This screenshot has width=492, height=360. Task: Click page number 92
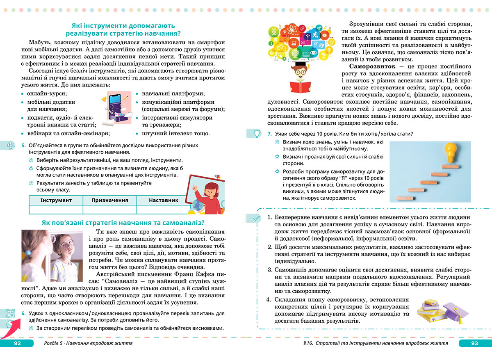point(17,343)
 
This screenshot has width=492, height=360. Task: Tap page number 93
point(474,343)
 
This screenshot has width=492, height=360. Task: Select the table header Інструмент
point(56,200)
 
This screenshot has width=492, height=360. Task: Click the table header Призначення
point(109,200)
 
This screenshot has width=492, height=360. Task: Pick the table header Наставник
point(164,200)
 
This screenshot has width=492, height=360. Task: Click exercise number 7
point(269,134)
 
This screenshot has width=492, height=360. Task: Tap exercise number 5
point(23,145)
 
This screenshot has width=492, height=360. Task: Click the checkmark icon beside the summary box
point(256,219)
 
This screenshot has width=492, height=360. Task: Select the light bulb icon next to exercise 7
point(256,133)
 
